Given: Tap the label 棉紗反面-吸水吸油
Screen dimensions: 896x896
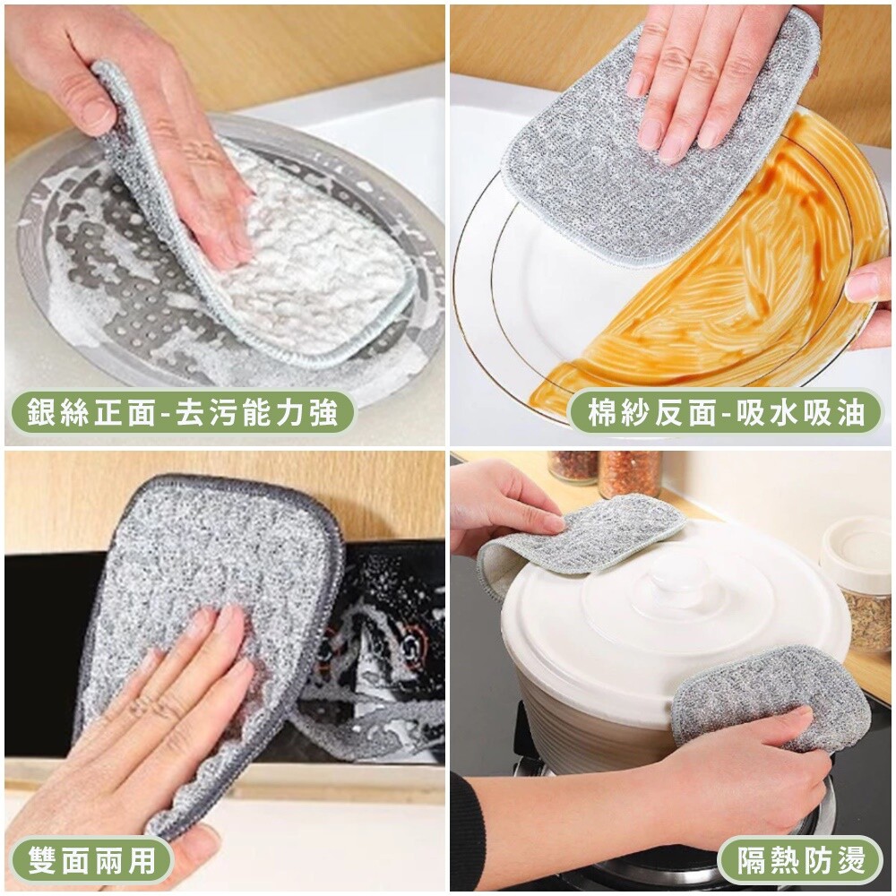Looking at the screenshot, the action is click(726, 412).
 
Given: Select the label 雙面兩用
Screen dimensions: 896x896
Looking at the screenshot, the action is click(91, 859).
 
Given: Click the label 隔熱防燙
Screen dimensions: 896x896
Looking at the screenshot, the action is click(800, 859).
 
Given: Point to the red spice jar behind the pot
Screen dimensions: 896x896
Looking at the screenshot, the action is click(630, 473).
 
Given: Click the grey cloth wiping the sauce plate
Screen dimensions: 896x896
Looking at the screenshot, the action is click(657, 142).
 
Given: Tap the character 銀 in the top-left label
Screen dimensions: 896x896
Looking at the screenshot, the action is click(41, 412).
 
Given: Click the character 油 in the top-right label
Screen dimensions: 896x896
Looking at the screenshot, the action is click(850, 412).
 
